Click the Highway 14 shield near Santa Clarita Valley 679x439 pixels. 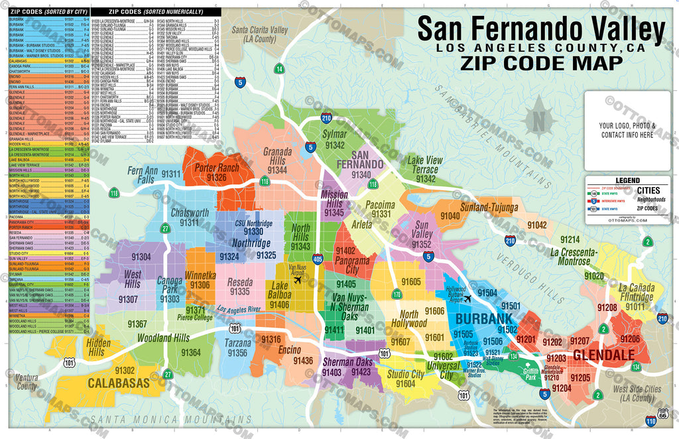tap(279, 69)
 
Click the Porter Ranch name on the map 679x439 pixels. tap(216, 168)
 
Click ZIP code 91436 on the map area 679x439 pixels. tap(302, 361)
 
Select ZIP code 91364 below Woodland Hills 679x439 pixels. tap(191, 352)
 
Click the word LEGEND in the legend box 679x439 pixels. tap(627, 180)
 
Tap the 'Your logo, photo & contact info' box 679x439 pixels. tap(627, 130)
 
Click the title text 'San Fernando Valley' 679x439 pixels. tap(540, 30)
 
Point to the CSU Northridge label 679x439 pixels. tap(253, 223)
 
